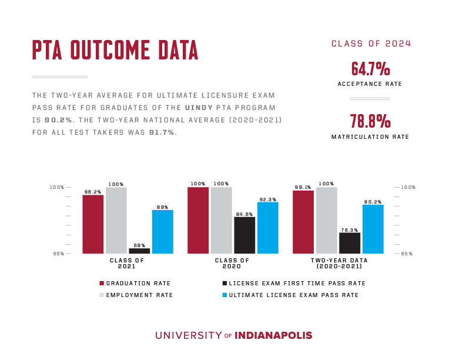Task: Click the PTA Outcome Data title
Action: (115, 51)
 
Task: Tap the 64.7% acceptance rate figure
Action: (370, 69)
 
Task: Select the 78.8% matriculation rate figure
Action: (370, 122)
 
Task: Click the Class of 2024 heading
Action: (371, 44)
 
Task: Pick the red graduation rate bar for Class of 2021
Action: (93, 224)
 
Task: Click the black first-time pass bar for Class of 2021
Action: (139, 251)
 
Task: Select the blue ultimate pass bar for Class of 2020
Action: (267, 228)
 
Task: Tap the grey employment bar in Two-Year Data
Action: (326, 220)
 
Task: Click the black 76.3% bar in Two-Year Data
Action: (349, 243)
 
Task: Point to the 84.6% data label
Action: (244, 214)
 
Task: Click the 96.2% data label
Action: (93, 191)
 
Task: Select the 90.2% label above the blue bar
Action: (373, 201)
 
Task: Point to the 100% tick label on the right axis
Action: (408, 187)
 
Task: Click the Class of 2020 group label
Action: (232, 263)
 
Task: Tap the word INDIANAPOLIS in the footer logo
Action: (273, 335)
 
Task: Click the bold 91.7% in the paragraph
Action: (163, 132)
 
